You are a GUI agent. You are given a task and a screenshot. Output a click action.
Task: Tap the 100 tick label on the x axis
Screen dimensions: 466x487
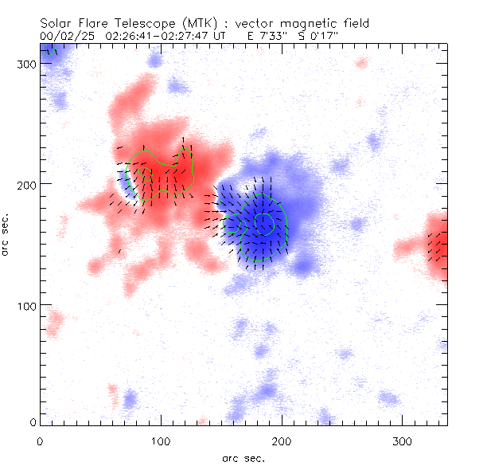(161, 441)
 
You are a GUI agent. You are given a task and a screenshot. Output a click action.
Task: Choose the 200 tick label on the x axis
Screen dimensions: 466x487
(282, 441)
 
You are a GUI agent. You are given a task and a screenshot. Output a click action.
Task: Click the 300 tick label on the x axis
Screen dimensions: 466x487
(403, 441)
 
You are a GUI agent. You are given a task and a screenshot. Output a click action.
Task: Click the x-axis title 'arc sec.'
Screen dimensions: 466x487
(243, 458)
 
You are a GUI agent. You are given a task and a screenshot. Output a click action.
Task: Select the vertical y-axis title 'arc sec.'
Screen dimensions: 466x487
(6, 235)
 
